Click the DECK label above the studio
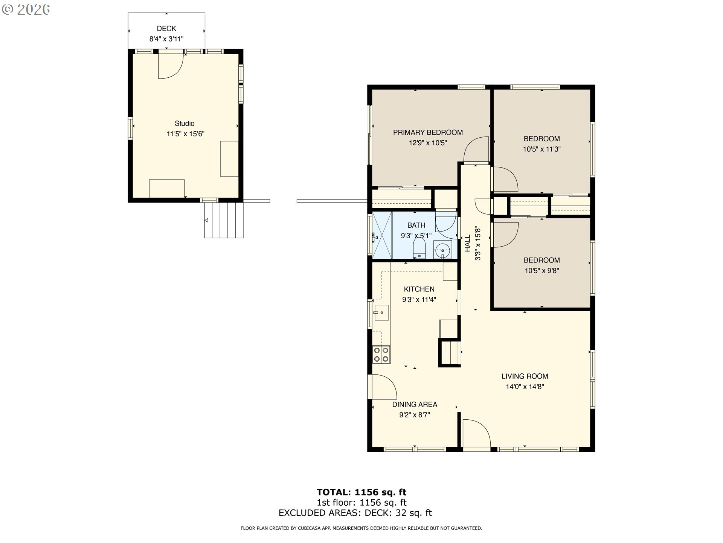166,29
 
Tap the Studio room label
185,123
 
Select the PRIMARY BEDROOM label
428,132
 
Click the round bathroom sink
443,250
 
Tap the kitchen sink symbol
381,313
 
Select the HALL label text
467,243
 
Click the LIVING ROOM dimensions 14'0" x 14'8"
525,387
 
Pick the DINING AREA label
415,405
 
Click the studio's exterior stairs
224,220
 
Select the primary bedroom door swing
477,149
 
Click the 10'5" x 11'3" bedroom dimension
541,149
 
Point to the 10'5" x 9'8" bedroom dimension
541,271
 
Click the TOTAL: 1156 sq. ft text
361,492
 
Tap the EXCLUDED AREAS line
355,513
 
